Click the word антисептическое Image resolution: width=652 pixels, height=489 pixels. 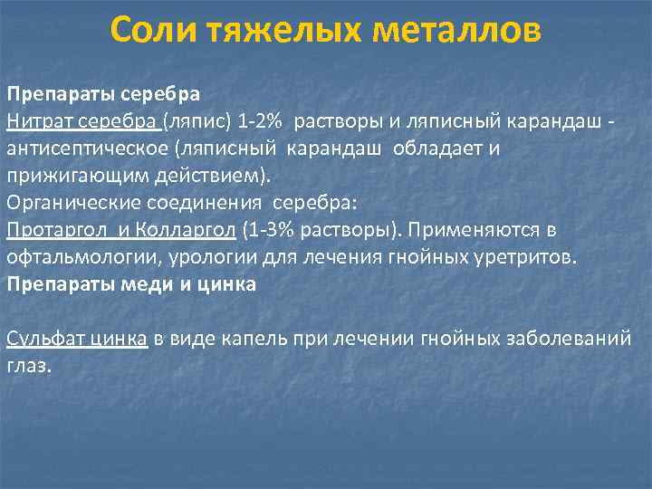point(89,148)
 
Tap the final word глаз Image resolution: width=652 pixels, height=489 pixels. point(27,365)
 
